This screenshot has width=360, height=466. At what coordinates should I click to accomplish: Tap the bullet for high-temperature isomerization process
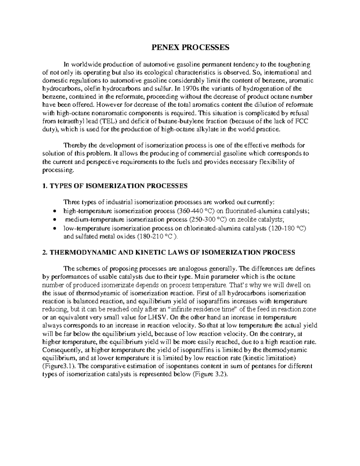(x=54, y=211)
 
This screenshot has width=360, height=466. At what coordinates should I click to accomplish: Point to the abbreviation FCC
(x=303, y=121)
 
